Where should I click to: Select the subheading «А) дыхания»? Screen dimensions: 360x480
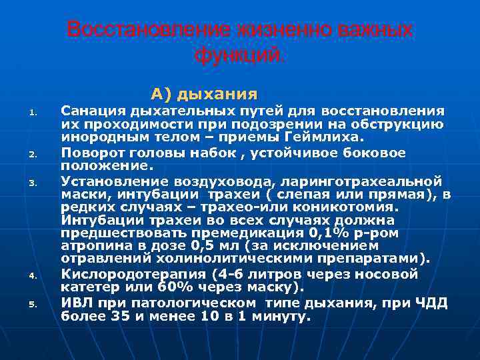[204, 92]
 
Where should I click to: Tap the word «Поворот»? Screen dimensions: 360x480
[88, 152]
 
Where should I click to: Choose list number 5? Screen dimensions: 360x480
[31, 305]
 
